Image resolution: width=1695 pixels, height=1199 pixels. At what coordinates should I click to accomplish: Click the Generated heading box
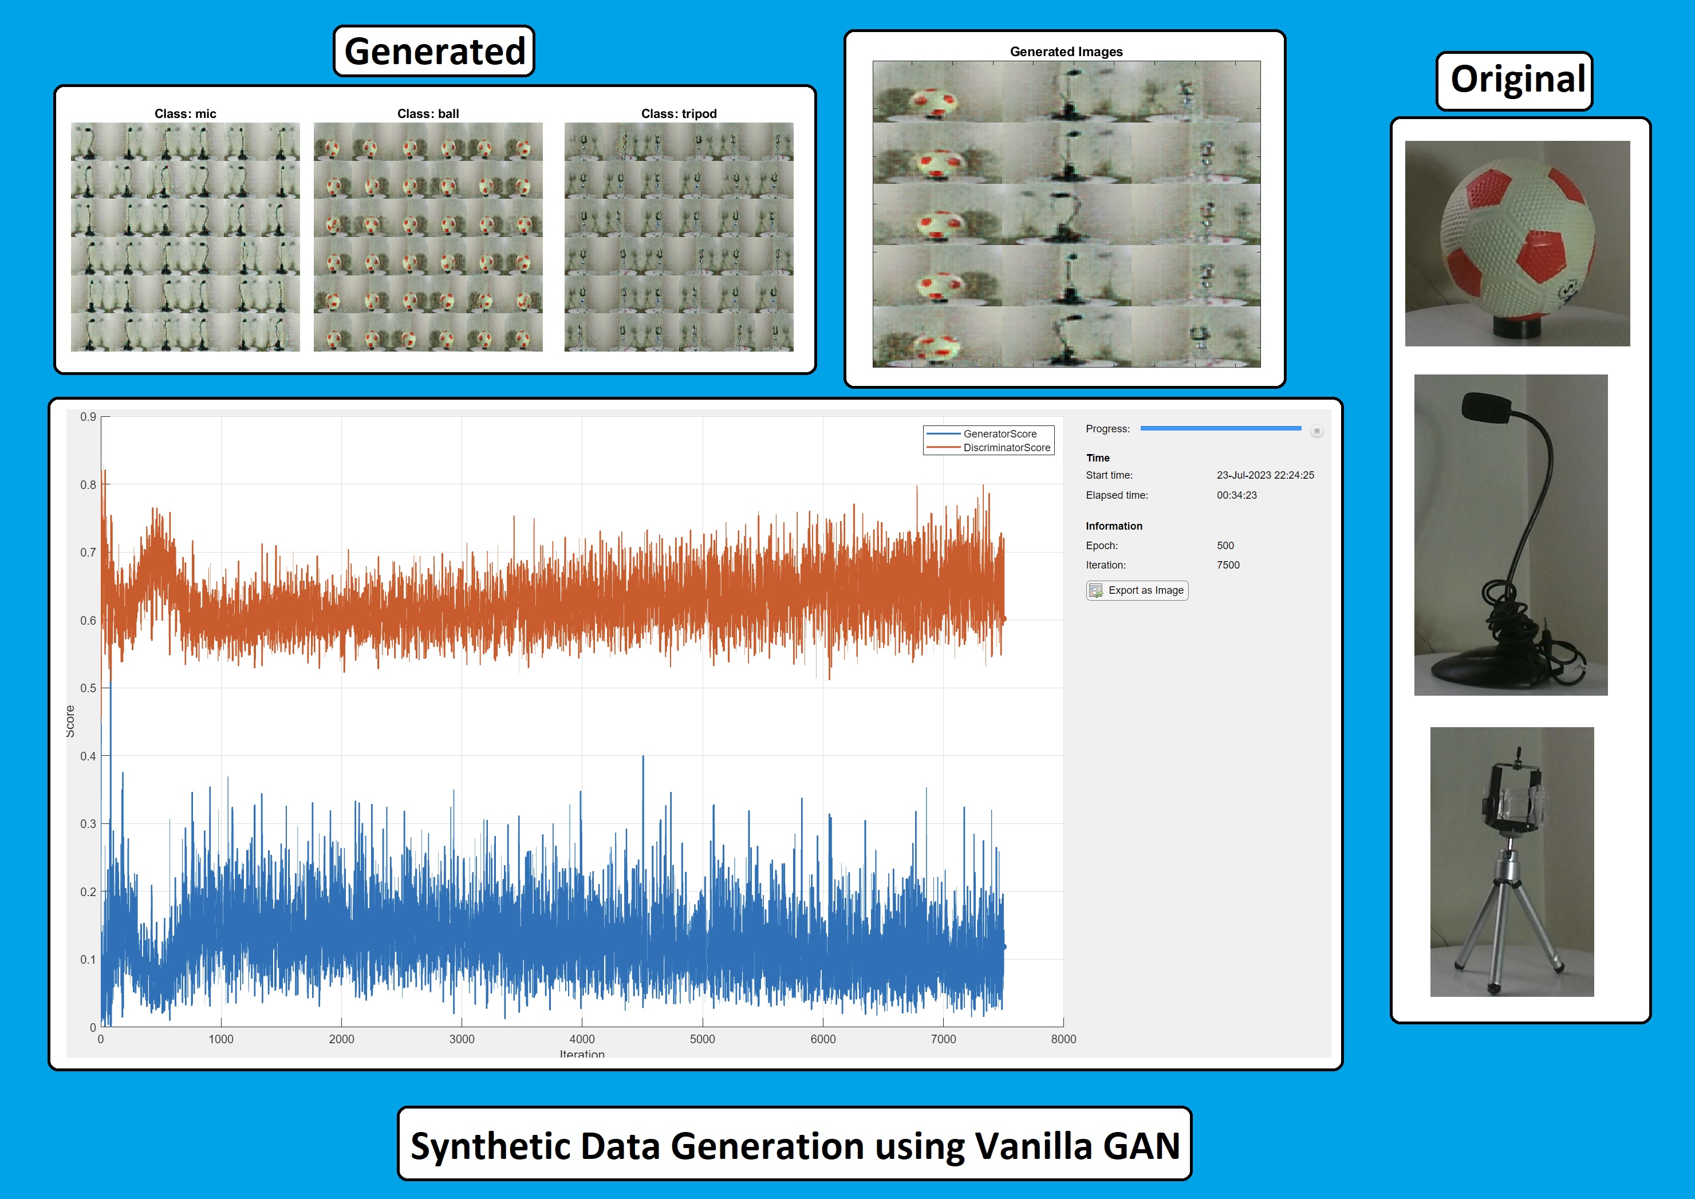pyautogui.click(x=434, y=51)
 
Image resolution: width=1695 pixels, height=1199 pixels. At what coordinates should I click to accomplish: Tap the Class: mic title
pyautogui.click(x=186, y=114)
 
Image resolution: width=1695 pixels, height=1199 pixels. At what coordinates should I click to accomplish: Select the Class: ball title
pyautogui.click(x=428, y=114)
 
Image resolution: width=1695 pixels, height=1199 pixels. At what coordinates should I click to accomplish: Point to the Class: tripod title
pyautogui.click(x=679, y=114)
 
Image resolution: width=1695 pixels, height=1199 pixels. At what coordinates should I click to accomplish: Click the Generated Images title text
pyautogui.click(x=1066, y=52)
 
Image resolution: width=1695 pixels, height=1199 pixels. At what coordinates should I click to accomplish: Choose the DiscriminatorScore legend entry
pyautogui.click(x=1006, y=447)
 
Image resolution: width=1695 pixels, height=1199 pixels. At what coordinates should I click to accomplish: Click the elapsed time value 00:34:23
pyautogui.click(x=1236, y=495)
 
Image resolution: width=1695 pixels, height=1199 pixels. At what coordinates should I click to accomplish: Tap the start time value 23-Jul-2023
pyautogui.click(x=1264, y=475)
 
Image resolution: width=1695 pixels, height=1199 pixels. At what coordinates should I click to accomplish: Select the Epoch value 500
pyautogui.click(x=1225, y=546)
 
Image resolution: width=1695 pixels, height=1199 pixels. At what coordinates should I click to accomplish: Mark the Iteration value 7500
pyautogui.click(x=1228, y=565)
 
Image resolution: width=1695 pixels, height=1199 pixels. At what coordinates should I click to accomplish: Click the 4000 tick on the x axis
pyautogui.click(x=582, y=1039)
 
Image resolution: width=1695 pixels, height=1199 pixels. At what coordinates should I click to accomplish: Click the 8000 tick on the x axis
pyautogui.click(x=1063, y=1039)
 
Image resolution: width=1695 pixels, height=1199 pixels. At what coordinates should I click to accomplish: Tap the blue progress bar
pyautogui.click(x=1220, y=428)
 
